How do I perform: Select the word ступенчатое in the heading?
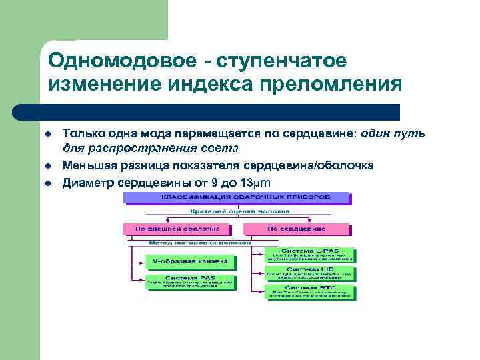point(281,61)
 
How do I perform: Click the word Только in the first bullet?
point(85,133)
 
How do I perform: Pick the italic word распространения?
point(141,148)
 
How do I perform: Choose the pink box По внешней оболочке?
point(177,229)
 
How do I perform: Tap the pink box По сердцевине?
point(296,229)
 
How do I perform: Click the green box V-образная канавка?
point(190,261)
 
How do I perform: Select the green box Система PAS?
point(190,281)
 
